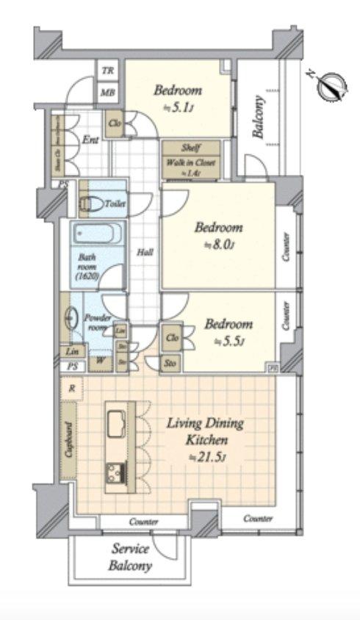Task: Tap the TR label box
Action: pos(108,71)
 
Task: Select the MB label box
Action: pos(108,93)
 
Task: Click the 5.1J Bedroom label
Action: pos(177,98)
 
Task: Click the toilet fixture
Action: pos(90,203)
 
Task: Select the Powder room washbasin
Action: pos(71,319)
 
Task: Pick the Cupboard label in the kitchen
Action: pos(68,440)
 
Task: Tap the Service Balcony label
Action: pos(130,558)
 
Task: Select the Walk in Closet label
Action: pos(189,165)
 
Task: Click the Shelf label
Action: pos(189,148)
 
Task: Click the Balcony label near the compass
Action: pos(258,118)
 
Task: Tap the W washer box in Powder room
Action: pos(98,361)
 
